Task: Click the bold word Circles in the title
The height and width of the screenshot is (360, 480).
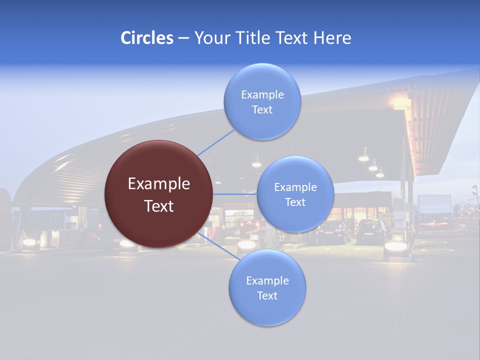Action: (x=146, y=38)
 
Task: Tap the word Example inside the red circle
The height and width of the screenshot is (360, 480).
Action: (x=159, y=184)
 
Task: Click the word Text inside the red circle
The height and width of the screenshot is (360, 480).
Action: (x=159, y=206)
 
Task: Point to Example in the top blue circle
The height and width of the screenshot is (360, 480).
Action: (x=262, y=95)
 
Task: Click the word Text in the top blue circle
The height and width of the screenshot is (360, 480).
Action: (x=262, y=110)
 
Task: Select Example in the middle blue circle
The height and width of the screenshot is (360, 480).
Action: (x=295, y=187)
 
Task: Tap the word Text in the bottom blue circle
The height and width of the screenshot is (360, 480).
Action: (x=267, y=296)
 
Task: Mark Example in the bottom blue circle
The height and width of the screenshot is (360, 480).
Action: (x=267, y=281)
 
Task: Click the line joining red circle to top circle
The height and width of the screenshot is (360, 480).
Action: (x=216, y=142)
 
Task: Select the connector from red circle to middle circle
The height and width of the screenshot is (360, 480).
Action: (x=235, y=194)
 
